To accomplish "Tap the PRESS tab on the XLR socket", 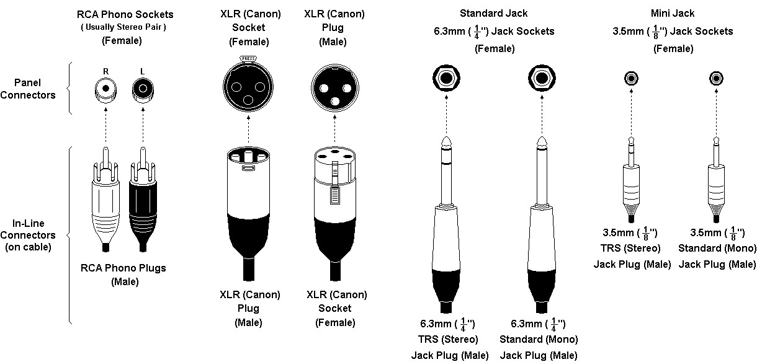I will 248,59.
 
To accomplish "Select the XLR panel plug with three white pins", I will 336,87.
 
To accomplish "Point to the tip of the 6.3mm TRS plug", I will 446,141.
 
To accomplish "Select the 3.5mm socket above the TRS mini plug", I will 631,79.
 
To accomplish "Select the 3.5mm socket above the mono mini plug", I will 716,79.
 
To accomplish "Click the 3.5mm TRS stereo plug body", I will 631,189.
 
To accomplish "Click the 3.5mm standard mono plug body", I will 716,189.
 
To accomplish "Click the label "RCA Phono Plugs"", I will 123,268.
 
